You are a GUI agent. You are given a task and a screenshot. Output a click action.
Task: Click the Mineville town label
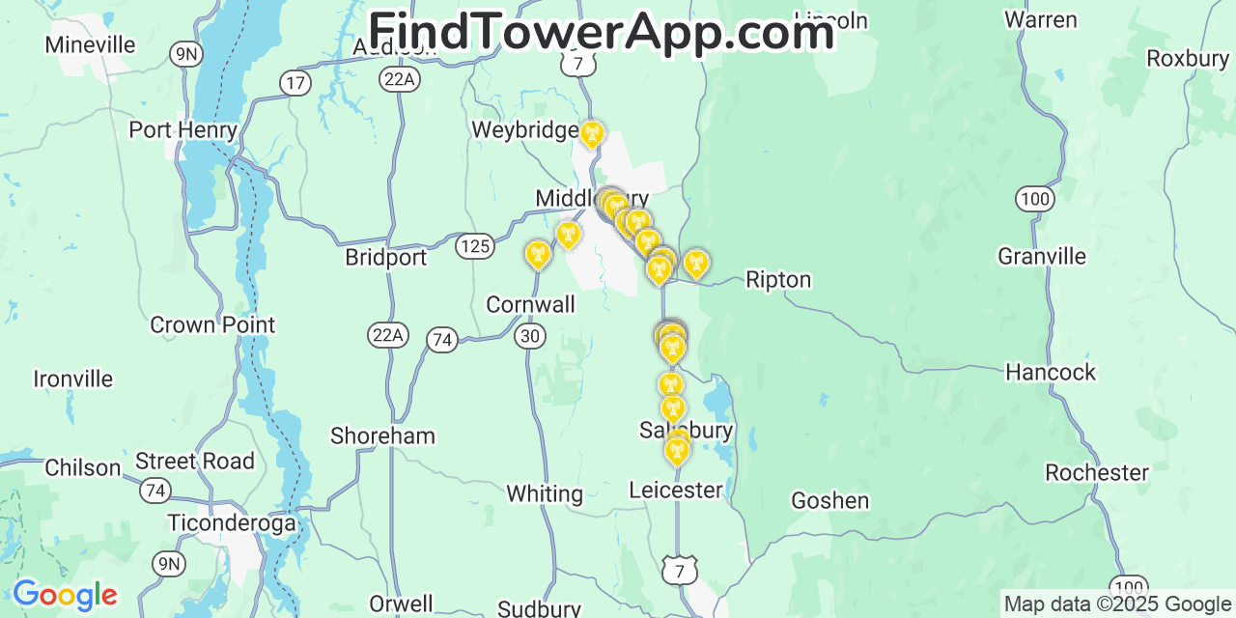90,44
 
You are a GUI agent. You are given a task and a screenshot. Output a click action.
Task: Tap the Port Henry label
183,129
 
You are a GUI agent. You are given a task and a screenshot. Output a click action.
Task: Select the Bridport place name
385,258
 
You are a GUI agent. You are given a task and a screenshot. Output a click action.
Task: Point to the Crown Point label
212,324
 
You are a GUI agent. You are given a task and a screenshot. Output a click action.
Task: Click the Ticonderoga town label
231,522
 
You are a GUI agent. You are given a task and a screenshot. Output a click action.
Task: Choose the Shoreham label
382,435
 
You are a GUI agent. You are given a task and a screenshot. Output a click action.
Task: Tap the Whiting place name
545,493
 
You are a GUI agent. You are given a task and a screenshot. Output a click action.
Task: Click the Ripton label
778,280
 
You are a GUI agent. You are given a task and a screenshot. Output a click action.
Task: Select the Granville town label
1042,256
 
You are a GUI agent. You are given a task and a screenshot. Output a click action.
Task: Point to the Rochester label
1097,472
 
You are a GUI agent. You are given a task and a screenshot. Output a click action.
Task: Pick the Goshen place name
829,500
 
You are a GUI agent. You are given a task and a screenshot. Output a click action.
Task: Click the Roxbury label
1188,59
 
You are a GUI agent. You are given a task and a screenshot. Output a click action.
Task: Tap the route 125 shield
474,246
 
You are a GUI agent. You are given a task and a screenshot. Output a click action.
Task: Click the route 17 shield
295,83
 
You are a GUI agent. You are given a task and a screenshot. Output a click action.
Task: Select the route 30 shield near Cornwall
530,336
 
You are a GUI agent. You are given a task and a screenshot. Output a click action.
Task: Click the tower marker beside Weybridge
592,133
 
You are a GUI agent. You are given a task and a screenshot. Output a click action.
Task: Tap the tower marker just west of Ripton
695,262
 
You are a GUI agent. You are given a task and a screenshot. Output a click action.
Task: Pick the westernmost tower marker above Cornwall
538,254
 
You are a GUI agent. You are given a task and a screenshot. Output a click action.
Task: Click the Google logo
65,595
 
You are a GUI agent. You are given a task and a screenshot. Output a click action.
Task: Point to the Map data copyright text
1118,604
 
